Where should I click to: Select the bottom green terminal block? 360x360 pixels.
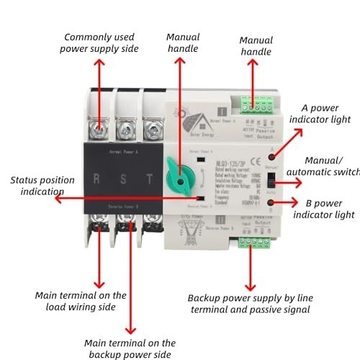[x=250, y=242]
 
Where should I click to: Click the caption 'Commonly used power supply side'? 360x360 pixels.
[x=101, y=42]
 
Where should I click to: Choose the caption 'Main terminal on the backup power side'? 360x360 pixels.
[x=130, y=348]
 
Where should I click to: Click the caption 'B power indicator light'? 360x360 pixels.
[x=325, y=209]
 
